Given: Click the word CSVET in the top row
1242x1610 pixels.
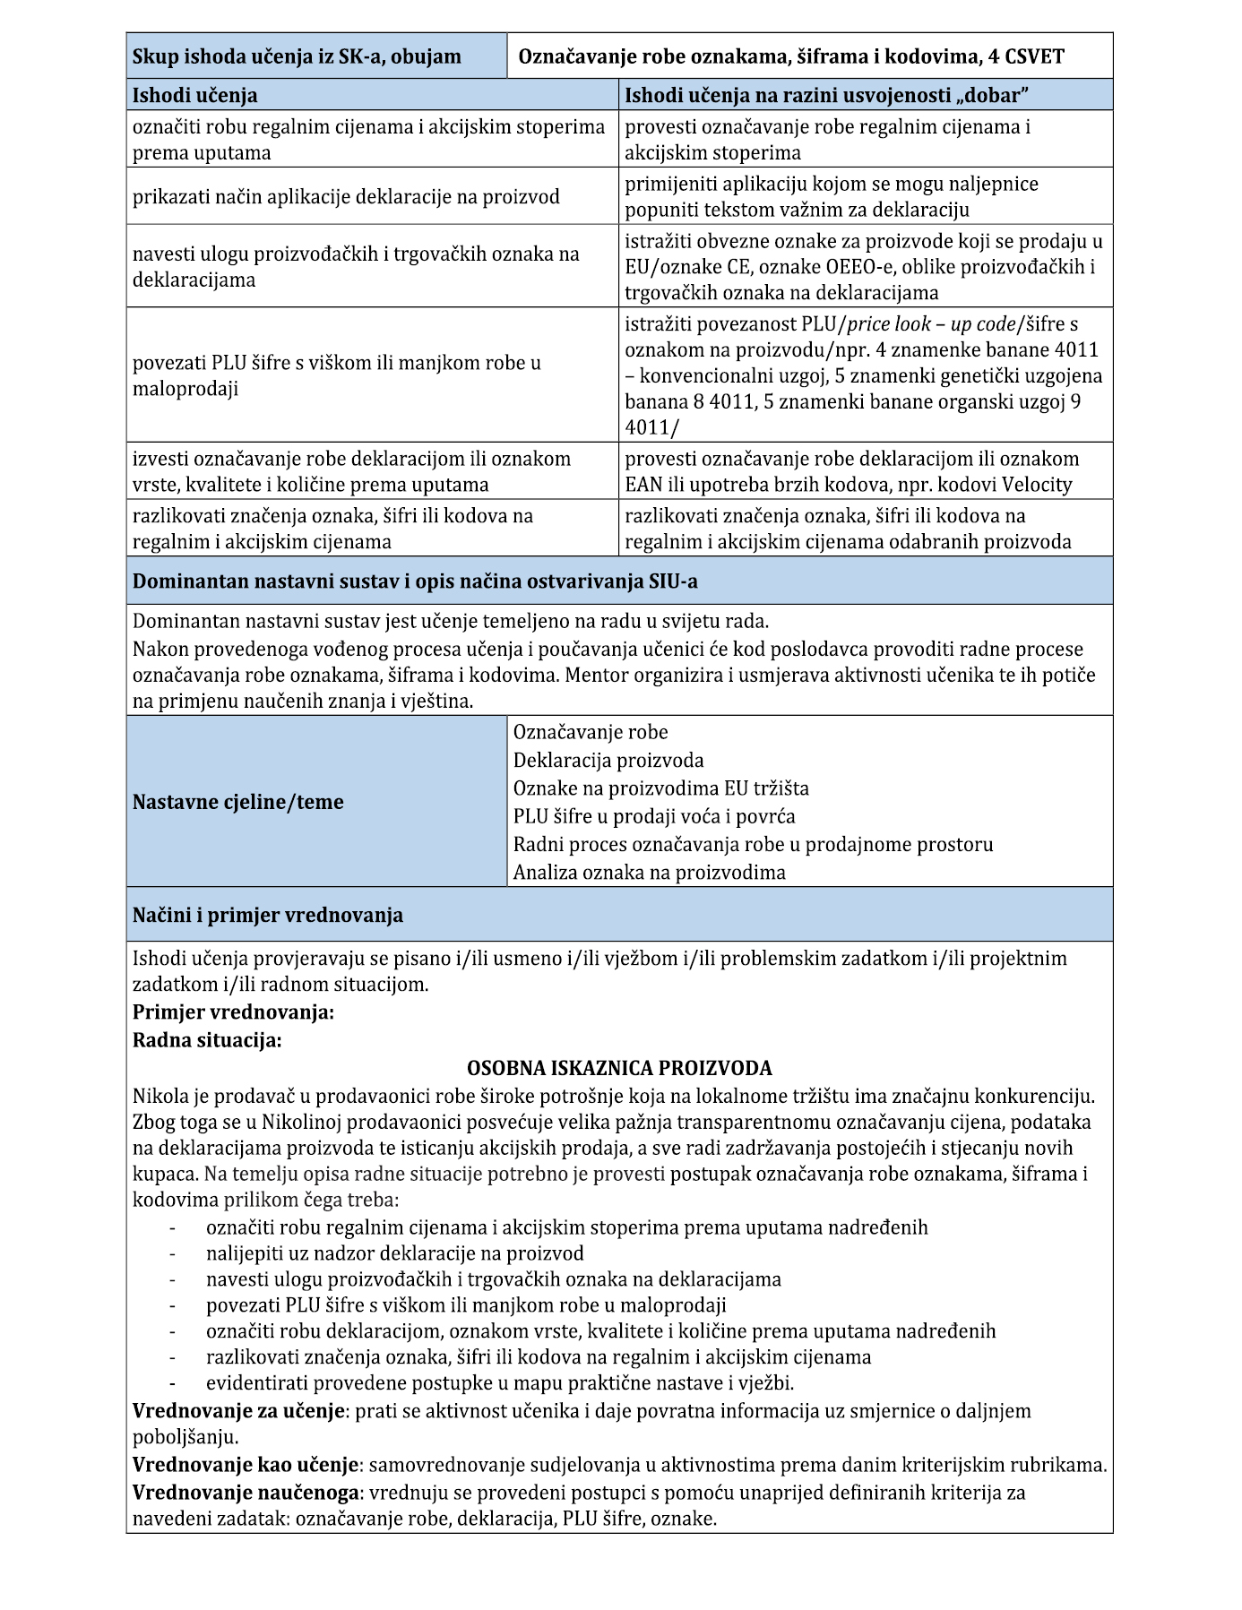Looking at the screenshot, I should click(1035, 57).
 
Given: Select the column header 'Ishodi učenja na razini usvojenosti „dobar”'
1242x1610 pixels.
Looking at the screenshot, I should click(825, 95).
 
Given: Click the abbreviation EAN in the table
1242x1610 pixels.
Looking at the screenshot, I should click(642, 485).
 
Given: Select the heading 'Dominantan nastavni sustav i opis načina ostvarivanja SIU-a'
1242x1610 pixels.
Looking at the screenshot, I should click(415, 581).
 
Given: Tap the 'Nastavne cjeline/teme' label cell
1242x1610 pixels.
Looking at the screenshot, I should click(238, 802).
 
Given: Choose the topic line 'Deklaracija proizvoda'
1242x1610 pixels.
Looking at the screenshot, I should click(608, 761).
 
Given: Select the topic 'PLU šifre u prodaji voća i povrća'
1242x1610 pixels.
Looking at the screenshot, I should click(654, 816).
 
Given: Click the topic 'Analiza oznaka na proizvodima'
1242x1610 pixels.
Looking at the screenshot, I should click(649, 872).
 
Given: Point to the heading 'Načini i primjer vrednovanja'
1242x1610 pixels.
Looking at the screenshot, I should click(268, 915).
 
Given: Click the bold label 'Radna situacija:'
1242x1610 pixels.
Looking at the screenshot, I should click(207, 1040).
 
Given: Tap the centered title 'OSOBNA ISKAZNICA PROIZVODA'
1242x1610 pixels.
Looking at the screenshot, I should click(619, 1068).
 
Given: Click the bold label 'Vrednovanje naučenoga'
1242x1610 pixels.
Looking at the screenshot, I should click(246, 1492).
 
